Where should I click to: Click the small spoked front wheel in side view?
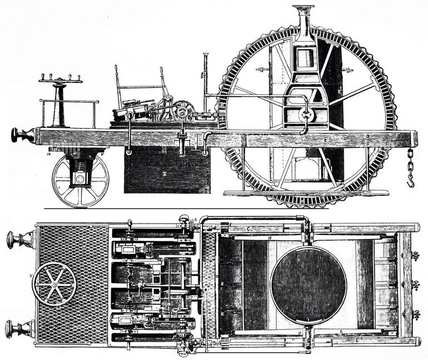[x=80, y=180]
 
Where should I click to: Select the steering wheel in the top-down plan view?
[x=54, y=284]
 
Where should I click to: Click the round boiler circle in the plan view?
[x=308, y=284]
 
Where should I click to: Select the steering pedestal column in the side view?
[x=59, y=106]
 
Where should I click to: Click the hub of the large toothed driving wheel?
[x=306, y=115]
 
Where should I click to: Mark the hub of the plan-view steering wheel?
[x=54, y=284]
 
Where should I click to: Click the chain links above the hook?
[x=410, y=161]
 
